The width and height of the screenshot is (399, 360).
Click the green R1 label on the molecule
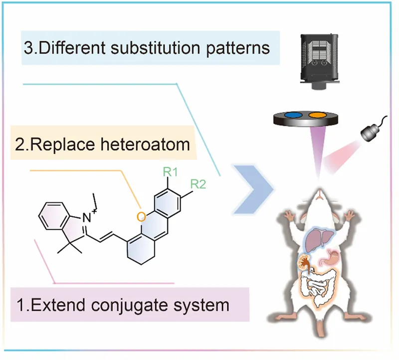click(171, 172)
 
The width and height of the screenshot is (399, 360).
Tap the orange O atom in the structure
click(142, 217)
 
